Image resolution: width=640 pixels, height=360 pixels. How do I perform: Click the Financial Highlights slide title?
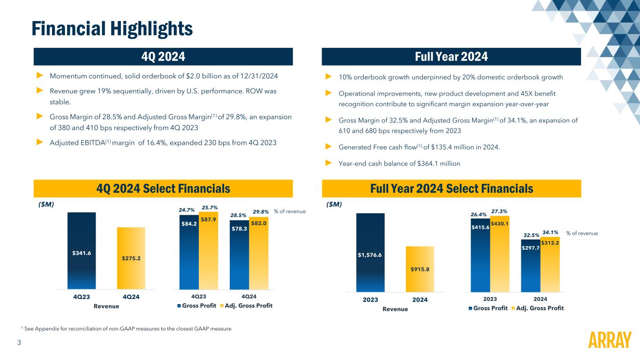112,29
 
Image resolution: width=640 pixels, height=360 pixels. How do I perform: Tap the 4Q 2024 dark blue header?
163,57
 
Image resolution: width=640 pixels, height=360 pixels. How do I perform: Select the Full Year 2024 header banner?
451,57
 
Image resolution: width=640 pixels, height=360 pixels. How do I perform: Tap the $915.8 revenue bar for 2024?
420,269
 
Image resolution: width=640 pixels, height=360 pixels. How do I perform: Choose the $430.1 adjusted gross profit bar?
500,253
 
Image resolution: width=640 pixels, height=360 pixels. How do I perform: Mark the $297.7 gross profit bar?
530,265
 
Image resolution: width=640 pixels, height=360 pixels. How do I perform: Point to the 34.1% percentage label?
550,232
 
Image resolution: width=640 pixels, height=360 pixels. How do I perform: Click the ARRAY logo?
609,340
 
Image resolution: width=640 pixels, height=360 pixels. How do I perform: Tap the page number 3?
19,343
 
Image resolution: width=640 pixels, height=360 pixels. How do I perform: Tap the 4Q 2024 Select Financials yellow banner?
163,188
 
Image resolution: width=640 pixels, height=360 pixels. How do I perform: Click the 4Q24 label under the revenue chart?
131,297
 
